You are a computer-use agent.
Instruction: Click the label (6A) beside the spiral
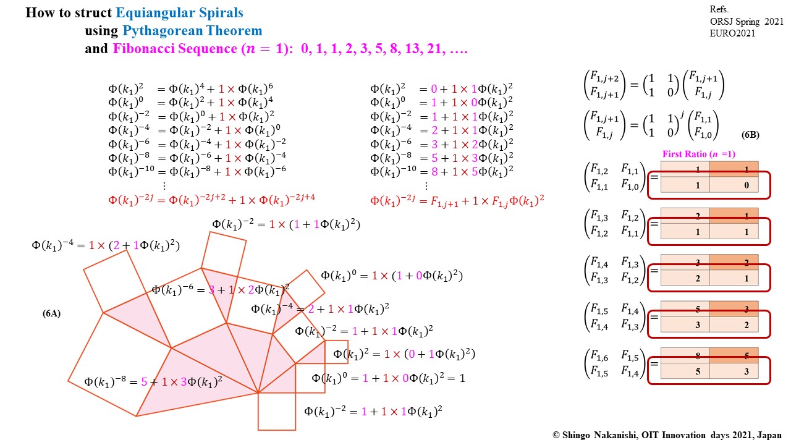51,314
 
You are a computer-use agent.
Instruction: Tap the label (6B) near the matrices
750,135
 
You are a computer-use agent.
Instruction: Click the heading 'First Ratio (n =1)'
698,154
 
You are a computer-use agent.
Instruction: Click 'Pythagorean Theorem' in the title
192,31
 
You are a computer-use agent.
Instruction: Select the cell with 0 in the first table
734,184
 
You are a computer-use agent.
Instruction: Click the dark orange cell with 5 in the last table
734,356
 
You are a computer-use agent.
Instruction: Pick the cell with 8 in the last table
685,356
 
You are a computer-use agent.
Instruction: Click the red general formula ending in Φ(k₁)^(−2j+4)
213,199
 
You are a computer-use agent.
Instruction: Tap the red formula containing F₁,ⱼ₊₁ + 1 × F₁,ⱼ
457,200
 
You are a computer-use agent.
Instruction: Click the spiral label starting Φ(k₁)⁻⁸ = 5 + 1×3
153,381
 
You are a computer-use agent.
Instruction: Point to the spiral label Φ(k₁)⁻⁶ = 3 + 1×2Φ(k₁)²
221,289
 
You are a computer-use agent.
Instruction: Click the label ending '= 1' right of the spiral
388,378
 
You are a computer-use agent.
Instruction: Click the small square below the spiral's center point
277,411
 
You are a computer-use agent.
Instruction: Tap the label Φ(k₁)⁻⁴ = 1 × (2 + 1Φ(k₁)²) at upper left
106,245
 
